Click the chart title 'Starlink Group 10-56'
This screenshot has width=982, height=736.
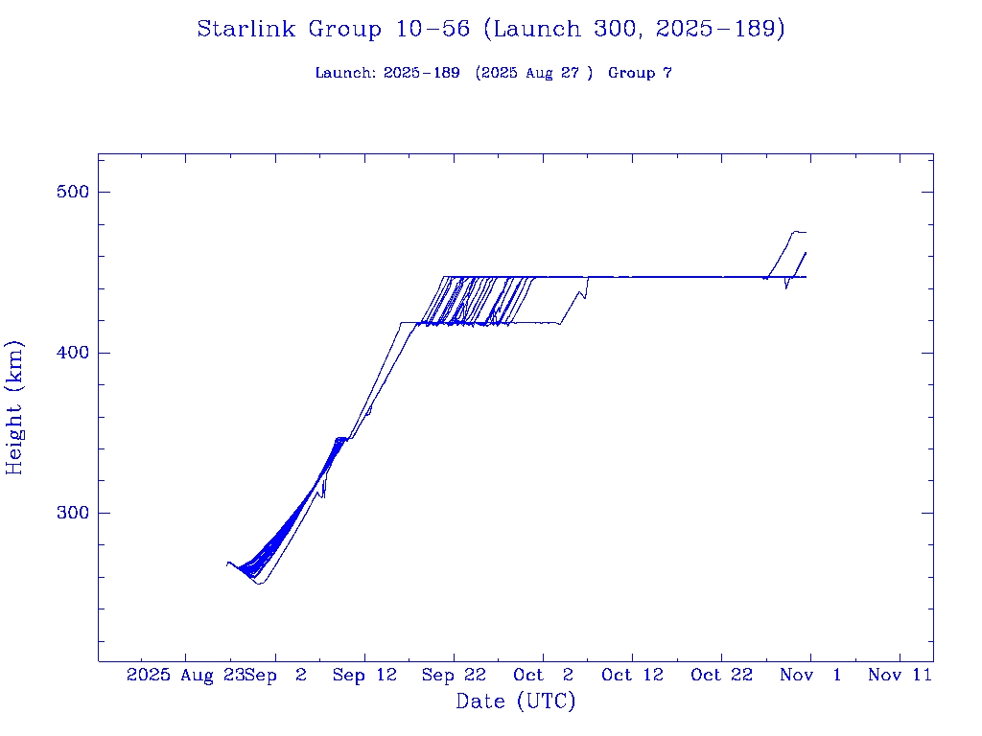(333, 29)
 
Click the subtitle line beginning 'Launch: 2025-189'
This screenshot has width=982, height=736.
(493, 73)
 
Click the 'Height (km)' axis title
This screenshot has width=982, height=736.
(14, 407)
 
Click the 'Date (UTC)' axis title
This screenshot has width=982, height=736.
(515, 701)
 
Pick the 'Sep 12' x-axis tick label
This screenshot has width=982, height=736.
(364, 676)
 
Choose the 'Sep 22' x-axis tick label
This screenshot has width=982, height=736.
(454, 676)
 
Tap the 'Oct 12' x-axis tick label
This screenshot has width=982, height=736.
(632, 676)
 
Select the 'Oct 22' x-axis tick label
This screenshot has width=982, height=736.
(721, 676)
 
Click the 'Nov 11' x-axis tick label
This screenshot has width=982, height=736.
(900, 676)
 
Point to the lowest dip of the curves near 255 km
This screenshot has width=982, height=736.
(259, 583)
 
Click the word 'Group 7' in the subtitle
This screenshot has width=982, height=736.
(640, 73)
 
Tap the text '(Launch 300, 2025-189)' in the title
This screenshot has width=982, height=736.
(634, 29)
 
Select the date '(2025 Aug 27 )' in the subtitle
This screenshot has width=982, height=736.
(534, 73)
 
